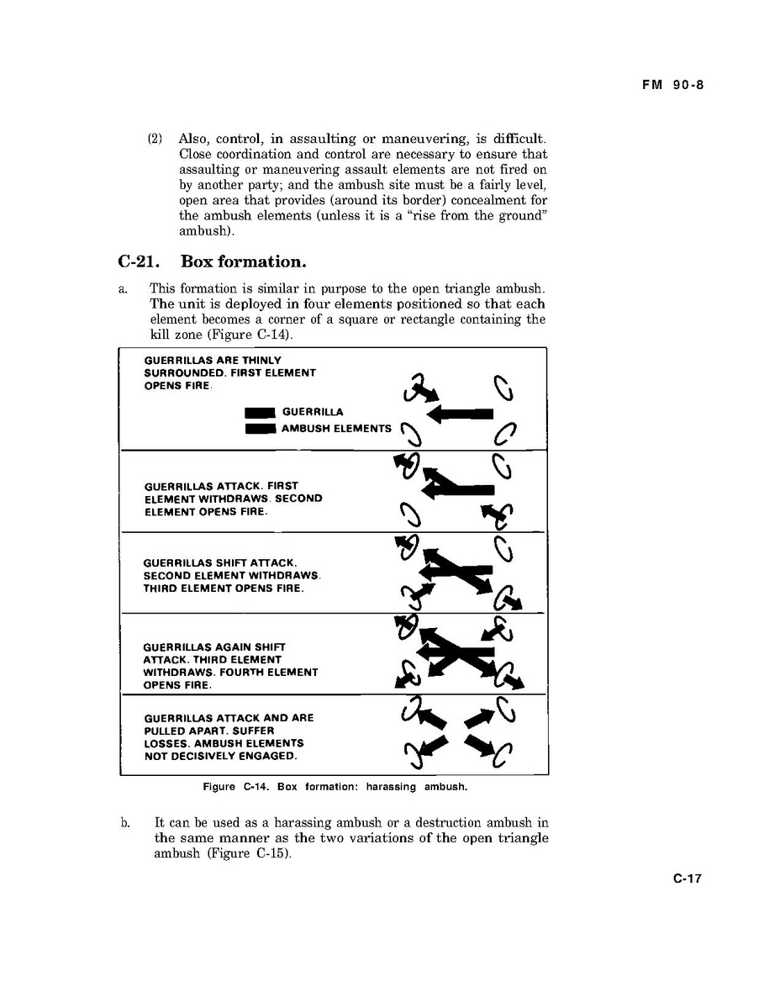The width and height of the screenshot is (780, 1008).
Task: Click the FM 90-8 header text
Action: coord(667,84)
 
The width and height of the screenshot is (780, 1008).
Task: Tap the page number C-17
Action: coord(687,879)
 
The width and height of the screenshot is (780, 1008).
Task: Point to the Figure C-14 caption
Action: coord(335,787)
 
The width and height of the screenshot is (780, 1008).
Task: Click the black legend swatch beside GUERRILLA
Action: coord(260,412)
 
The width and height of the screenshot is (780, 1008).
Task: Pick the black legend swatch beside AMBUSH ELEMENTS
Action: coord(260,429)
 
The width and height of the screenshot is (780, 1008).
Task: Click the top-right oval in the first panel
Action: coord(503,388)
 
